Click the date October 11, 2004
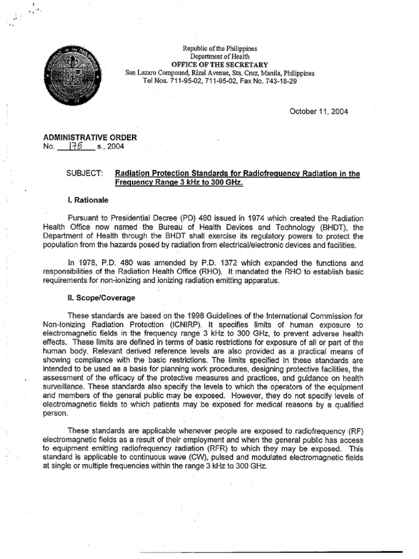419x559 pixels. tap(319, 111)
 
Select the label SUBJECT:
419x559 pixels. tap(85, 174)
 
